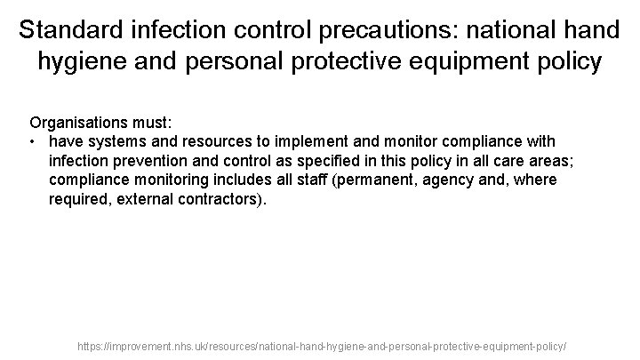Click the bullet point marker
pos(32,141)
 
